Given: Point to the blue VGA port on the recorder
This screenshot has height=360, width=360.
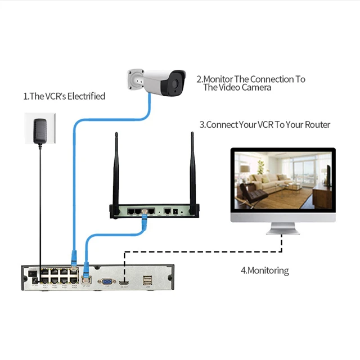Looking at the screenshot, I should (104, 281).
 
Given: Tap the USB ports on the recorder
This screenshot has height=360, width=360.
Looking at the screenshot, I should (147, 280).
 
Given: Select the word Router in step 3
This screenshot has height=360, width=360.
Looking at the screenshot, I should (316, 124).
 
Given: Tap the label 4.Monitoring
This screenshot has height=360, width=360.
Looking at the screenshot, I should (264, 271).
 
